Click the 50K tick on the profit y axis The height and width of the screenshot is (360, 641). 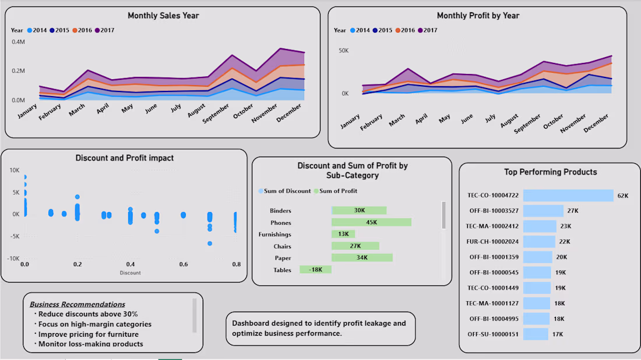(343, 51)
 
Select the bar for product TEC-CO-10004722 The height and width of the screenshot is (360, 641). (568, 195)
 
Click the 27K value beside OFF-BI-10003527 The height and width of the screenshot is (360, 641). (572, 210)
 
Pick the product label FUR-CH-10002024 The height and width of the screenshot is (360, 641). (493, 241)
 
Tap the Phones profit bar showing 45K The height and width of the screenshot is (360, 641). (371, 223)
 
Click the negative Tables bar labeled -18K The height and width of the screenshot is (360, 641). (315, 270)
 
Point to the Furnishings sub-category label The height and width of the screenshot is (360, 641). (274, 234)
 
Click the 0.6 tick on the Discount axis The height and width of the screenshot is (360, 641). (183, 264)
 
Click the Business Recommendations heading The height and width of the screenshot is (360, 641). (78, 304)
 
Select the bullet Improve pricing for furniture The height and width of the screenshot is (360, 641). (88, 334)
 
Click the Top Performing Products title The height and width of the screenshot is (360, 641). (550, 172)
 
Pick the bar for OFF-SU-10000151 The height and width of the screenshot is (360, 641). (536, 334)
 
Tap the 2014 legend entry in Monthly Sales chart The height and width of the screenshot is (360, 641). (37, 30)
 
